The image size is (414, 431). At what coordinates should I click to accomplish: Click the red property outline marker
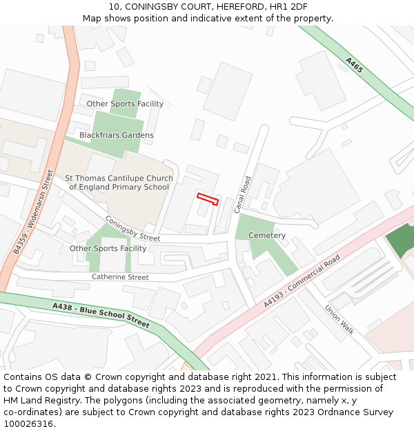click(x=208, y=199)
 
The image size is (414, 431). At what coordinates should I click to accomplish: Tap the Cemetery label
click(x=267, y=235)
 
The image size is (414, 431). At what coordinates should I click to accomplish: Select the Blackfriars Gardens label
click(x=117, y=135)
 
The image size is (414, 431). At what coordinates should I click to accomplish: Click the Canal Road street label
click(x=243, y=194)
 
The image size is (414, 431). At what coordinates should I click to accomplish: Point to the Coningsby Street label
click(x=132, y=229)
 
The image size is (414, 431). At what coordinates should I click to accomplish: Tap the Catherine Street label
click(x=120, y=277)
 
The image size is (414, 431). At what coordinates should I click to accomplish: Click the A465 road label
click(x=354, y=66)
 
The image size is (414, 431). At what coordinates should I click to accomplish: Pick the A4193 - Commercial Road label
click(x=302, y=281)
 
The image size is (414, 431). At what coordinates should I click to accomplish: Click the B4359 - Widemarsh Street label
click(x=33, y=212)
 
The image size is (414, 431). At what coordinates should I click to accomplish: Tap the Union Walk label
click(x=339, y=320)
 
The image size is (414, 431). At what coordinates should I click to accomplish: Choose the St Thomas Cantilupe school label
click(x=119, y=183)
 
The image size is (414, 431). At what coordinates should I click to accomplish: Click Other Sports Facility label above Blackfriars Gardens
click(x=125, y=104)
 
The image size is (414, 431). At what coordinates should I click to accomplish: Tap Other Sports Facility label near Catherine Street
click(x=108, y=248)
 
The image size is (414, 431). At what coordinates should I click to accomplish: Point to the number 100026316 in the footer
click(x=28, y=424)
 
